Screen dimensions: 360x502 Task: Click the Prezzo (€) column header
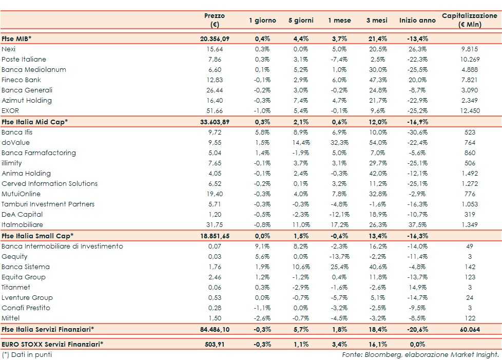pyautogui.click(x=214, y=20)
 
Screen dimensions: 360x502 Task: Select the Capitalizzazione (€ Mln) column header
pyautogui.click(x=470, y=20)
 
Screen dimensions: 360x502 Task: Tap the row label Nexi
pyautogui.click(x=9, y=49)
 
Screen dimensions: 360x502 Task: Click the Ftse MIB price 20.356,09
pyautogui.click(x=215, y=39)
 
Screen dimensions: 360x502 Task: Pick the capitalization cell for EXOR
pyautogui.click(x=470, y=110)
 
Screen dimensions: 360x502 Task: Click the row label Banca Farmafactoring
pyautogui.click(x=38, y=153)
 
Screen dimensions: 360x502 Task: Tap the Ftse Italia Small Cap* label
pyautogui.click(x=37, y=235)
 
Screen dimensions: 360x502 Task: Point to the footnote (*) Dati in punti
pyautogui.click(x=27, y=354)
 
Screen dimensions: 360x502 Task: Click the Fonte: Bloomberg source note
pyautogui.click(x=420, y=354)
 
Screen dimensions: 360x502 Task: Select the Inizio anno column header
pyautogui.click(x=417, y=21)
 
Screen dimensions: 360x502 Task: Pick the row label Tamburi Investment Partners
pyautogui.click(x=48, y=204)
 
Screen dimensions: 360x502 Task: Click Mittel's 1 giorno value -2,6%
pyautogui.click(x=262, y=318)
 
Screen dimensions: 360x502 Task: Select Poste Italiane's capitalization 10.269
pyautogui.click(x=470, y=59)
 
